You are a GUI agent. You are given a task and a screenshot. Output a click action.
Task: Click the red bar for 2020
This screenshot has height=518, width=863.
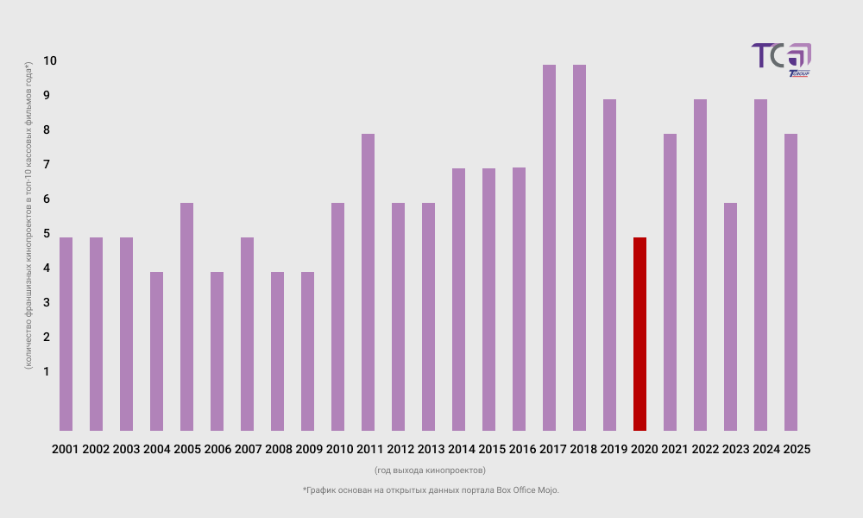[639, 334]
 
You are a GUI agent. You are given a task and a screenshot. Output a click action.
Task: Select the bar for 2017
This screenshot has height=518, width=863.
[549, 248]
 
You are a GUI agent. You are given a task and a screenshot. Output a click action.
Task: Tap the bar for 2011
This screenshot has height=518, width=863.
[368, 282]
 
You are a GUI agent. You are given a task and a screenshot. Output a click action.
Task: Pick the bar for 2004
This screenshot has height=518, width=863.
[156, 351]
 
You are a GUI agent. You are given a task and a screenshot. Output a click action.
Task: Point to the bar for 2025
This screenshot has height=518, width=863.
[791, 282]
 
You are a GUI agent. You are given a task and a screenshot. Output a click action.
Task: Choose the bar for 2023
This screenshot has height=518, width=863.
[730, 317]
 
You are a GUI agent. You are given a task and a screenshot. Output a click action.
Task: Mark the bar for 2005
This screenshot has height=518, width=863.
[186, 317]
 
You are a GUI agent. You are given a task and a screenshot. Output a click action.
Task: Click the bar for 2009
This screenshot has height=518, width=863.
[307, 351]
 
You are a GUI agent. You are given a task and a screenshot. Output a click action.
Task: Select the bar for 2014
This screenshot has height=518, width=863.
[458, 300]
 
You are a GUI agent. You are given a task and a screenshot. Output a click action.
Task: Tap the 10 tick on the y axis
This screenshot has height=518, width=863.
[50, 60]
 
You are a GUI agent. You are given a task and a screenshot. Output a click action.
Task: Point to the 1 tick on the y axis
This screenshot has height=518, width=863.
[47, 371]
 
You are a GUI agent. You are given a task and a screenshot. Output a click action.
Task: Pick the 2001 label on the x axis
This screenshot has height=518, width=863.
[66, 449]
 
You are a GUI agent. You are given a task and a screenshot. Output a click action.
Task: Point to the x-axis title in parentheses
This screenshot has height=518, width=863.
[430, 471]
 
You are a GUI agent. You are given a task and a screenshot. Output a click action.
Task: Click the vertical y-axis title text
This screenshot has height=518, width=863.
[28, 216]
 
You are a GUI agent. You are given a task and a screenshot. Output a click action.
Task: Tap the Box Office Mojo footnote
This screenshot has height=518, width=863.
[431, 490]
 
